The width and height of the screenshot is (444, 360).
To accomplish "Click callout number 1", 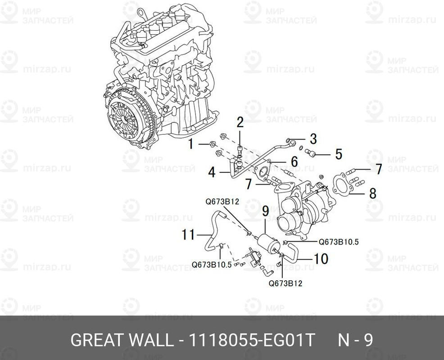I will point(190,144).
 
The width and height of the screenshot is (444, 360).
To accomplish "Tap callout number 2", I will point(240,122).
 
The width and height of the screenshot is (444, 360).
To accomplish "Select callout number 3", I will point(313,138).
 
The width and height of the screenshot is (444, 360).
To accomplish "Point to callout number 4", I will point(212,171).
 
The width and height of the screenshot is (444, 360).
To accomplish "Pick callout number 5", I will point(338,154).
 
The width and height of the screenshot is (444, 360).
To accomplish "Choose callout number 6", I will point(294,161).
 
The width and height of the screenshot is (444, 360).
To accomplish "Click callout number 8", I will point(372,193).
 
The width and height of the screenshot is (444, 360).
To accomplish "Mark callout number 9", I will point(265,210).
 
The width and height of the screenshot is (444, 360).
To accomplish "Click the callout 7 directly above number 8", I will point(378,169).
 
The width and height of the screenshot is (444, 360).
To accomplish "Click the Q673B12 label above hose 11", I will point(222,202).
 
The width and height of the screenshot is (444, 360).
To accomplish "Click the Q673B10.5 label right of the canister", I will point(339,242).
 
